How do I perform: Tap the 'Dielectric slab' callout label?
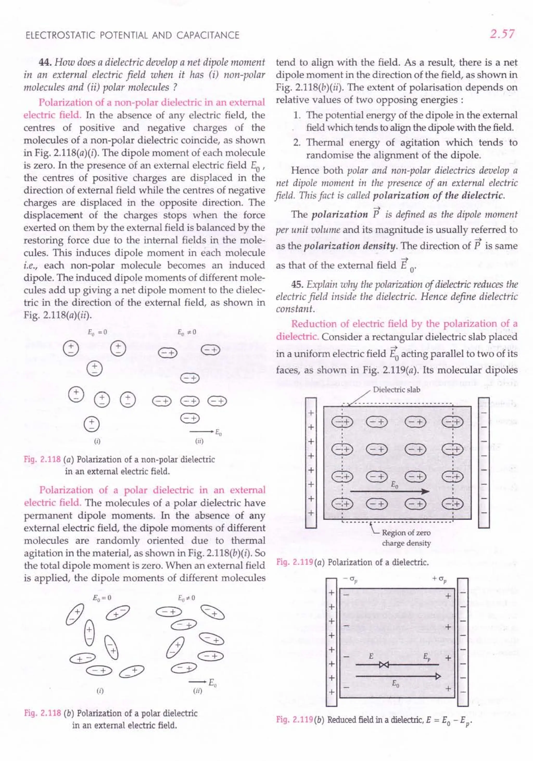396,389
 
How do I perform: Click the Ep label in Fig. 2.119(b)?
427,656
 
